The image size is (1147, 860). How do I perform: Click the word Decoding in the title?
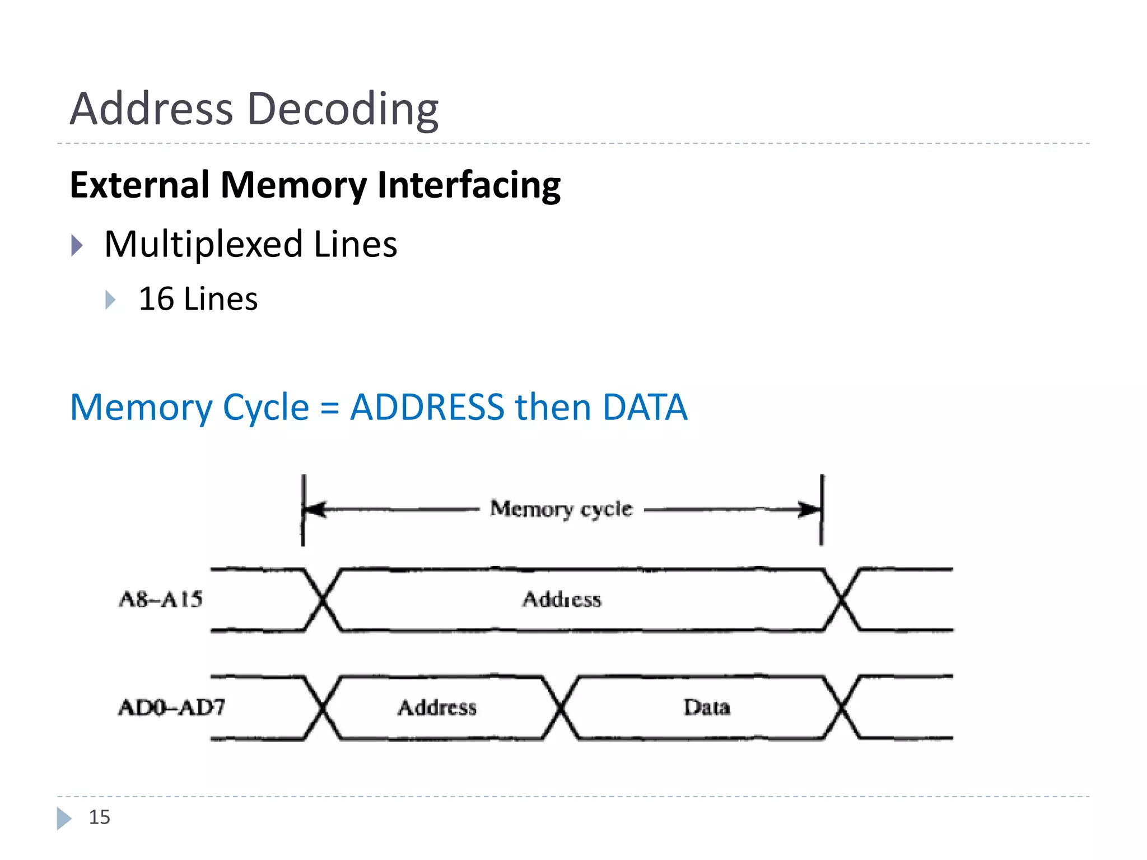pyautogui.click(x=343, y=109)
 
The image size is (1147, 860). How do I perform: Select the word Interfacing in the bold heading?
pyautogui.click(x=469, y=185)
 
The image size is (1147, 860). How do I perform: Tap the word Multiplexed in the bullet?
pyautogui.click(x=204, y=245)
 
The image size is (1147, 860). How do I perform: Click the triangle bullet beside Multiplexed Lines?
pyautogui.click(x=77, y=245)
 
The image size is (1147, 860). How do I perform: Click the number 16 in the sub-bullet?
pyautogui.click(x=156, y=299)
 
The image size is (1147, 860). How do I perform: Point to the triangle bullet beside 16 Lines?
pyautogui.click(x=110, y=300)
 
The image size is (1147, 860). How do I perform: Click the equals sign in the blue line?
pyautogui.click(x=329, y=408)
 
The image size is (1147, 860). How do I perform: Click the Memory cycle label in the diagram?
pyautogui.click(x=561, y=509)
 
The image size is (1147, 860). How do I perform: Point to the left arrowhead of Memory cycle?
pyautogui.click(x=314, y=510)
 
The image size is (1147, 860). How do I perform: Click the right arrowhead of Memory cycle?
pyautogui.click(x=810, y=510)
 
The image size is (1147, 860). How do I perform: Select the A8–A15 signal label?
pyautogui.click(x=161, y=600)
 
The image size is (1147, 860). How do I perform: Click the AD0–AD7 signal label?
pyautogui.click(x=171, y=708)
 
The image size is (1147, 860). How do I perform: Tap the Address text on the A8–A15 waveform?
pyautogui.click(x=562, y=600)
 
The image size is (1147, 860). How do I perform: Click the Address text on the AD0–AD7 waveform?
pyautogui.click(x=437, y=708)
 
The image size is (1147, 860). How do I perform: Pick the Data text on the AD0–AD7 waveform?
pyautogui.click(x=707, y=708)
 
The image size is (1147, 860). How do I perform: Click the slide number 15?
pyautogui.click(x=100, y=817)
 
